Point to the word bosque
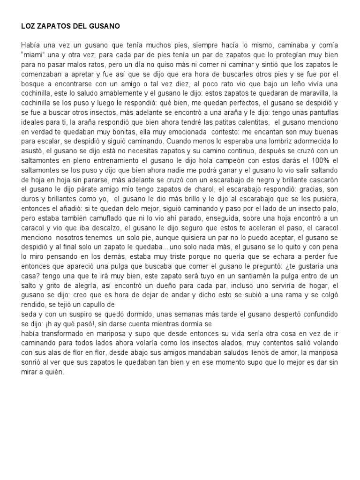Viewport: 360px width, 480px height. point(32,84)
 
